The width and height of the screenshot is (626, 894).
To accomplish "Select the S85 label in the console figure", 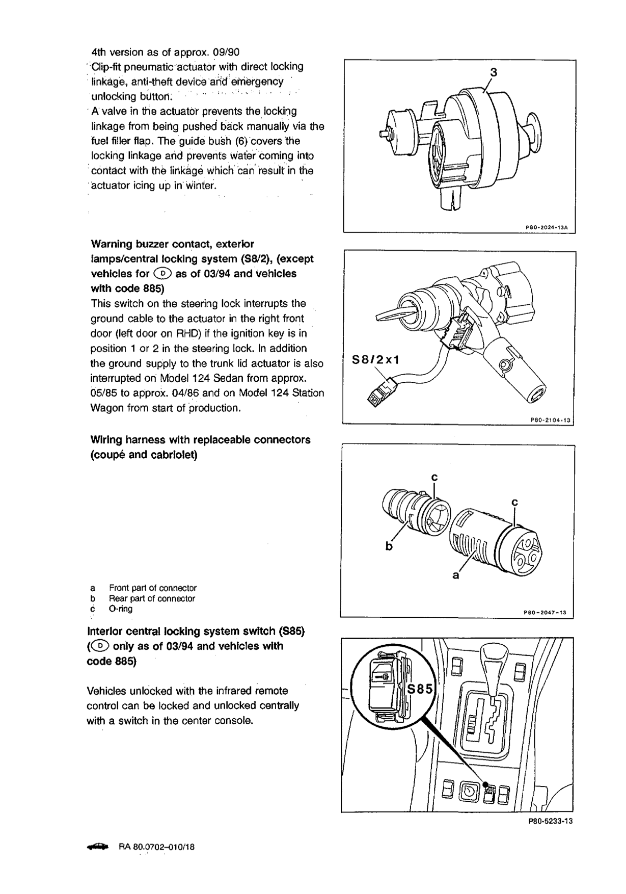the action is [421, 690].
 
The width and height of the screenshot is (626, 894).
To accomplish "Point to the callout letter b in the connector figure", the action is [389, 547].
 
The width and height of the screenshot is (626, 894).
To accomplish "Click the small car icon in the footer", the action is [98, 847].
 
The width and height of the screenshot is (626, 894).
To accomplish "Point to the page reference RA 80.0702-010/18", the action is [157, 847].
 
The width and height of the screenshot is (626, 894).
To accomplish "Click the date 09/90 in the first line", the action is [226, 52].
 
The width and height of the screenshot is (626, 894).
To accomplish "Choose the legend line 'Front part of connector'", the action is [152, 588].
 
